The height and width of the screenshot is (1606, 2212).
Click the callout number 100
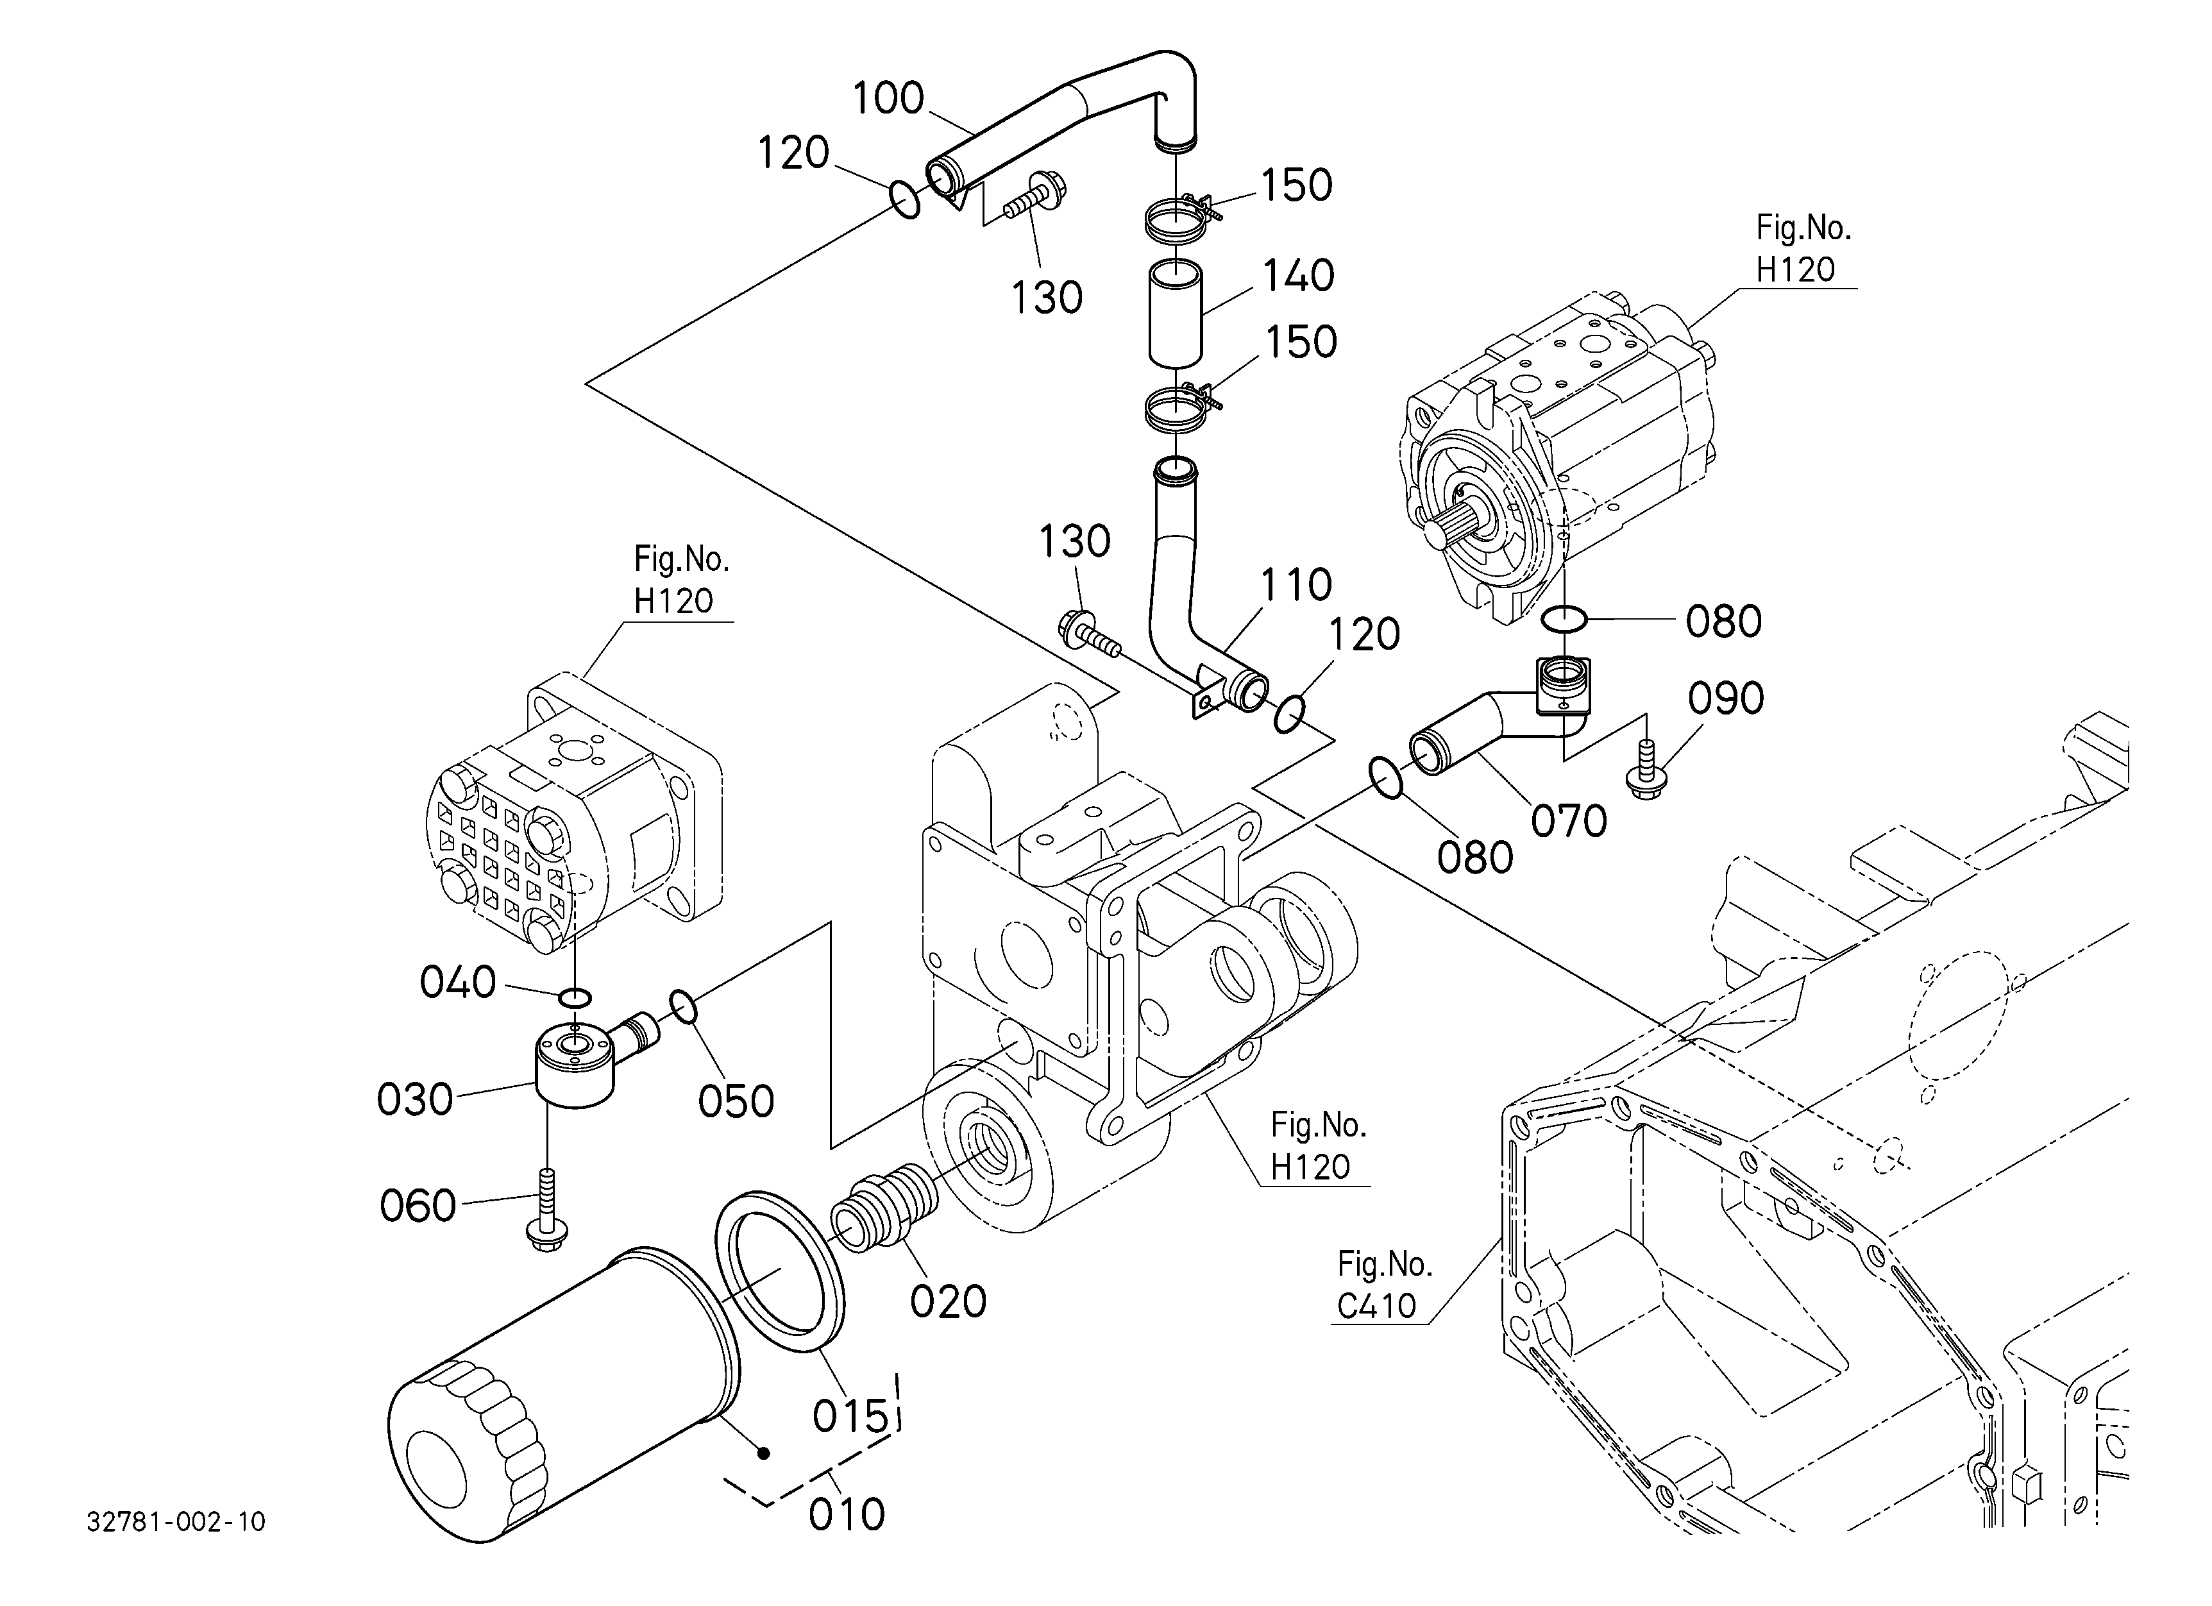pos(888,99)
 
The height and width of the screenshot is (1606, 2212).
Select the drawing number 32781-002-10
pos(176,1522)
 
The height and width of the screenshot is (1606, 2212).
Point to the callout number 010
pos(847,1514)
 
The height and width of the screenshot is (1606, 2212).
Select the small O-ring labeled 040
pos(575,997)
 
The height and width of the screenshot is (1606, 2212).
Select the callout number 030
pos(414,1100)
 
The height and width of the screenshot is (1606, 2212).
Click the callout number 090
pos(1727,698)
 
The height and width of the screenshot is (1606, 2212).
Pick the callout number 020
pos(948,1302)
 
